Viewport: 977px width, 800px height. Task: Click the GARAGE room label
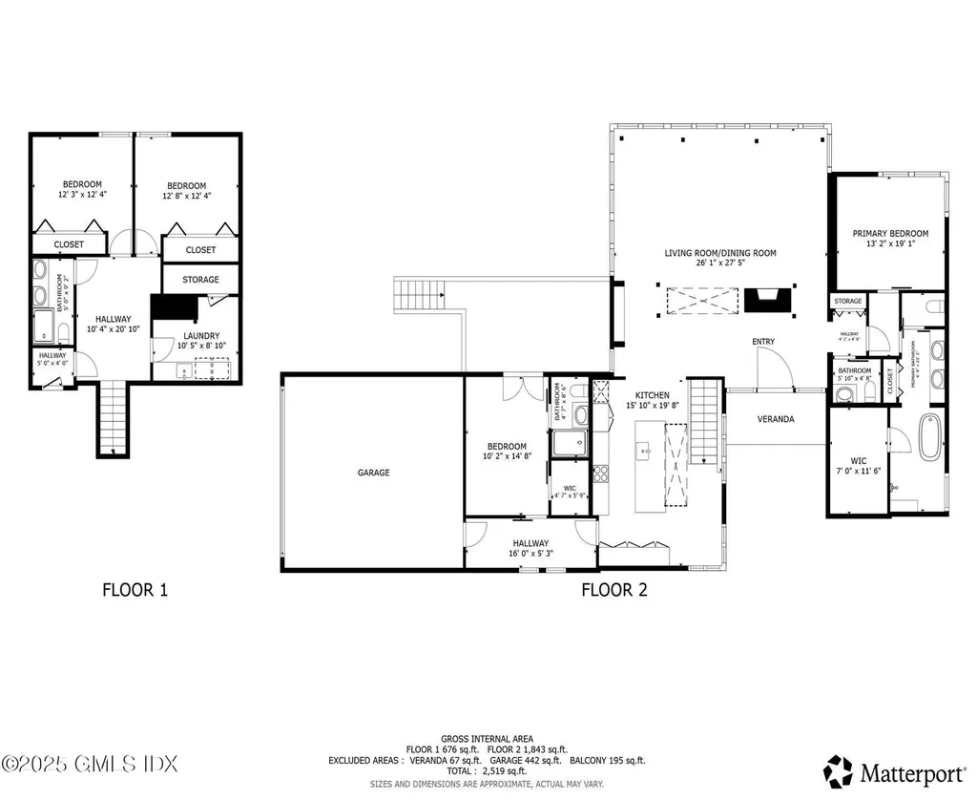(373, 473)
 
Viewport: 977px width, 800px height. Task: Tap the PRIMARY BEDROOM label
(889, 233)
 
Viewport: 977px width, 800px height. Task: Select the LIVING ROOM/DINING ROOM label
(720, 254)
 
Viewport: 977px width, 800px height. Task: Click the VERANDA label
(776, 419)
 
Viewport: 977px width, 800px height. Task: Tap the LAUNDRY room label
(201, 336)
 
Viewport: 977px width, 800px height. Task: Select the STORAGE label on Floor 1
(200, 280)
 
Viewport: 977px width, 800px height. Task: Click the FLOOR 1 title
(135, 590)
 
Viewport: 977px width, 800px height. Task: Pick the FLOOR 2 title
(614, 590)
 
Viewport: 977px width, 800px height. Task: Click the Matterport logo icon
(838, 769)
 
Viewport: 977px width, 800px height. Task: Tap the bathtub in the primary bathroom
(927, 445)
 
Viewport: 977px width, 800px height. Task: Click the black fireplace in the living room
(768, 301)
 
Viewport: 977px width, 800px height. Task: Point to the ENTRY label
(763, 342)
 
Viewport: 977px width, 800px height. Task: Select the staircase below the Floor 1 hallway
(113, 419)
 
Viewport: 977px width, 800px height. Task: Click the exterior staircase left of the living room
(420, 292)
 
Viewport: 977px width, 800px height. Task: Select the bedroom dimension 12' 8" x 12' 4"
(186, 196)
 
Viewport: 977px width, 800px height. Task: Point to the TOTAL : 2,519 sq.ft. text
(488, 771)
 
